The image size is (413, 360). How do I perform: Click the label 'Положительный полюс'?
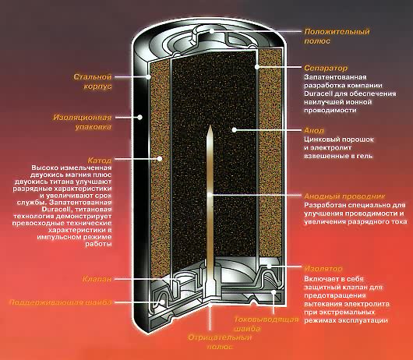(x=337, y=36)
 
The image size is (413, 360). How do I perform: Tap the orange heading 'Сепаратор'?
(x=326, y=68)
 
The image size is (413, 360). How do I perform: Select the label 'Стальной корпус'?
(x=93, y=82)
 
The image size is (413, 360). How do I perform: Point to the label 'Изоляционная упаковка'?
(x=83, y=122)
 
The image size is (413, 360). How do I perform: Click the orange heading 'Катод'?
(x=100, y=161)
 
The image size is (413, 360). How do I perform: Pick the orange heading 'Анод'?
(x=314, y=131)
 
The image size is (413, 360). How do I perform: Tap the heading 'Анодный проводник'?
(x=344, y=196)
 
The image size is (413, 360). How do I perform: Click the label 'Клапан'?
(x=97, y=279)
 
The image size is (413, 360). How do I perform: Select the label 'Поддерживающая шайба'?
(x=60, y=302)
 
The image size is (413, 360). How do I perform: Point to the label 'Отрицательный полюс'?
(x=220, y=342)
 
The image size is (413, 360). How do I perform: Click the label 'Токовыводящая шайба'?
(x=267, y=324)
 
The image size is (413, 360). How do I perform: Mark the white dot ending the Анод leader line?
(x=234, y=130)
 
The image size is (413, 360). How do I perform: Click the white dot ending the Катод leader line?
(x=160, y=159)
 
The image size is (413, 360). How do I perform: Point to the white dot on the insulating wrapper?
(x=140, y=117)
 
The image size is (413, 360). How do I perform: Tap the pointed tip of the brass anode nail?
(x=210, y=126)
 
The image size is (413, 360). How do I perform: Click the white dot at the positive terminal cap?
(x=212, y=31)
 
